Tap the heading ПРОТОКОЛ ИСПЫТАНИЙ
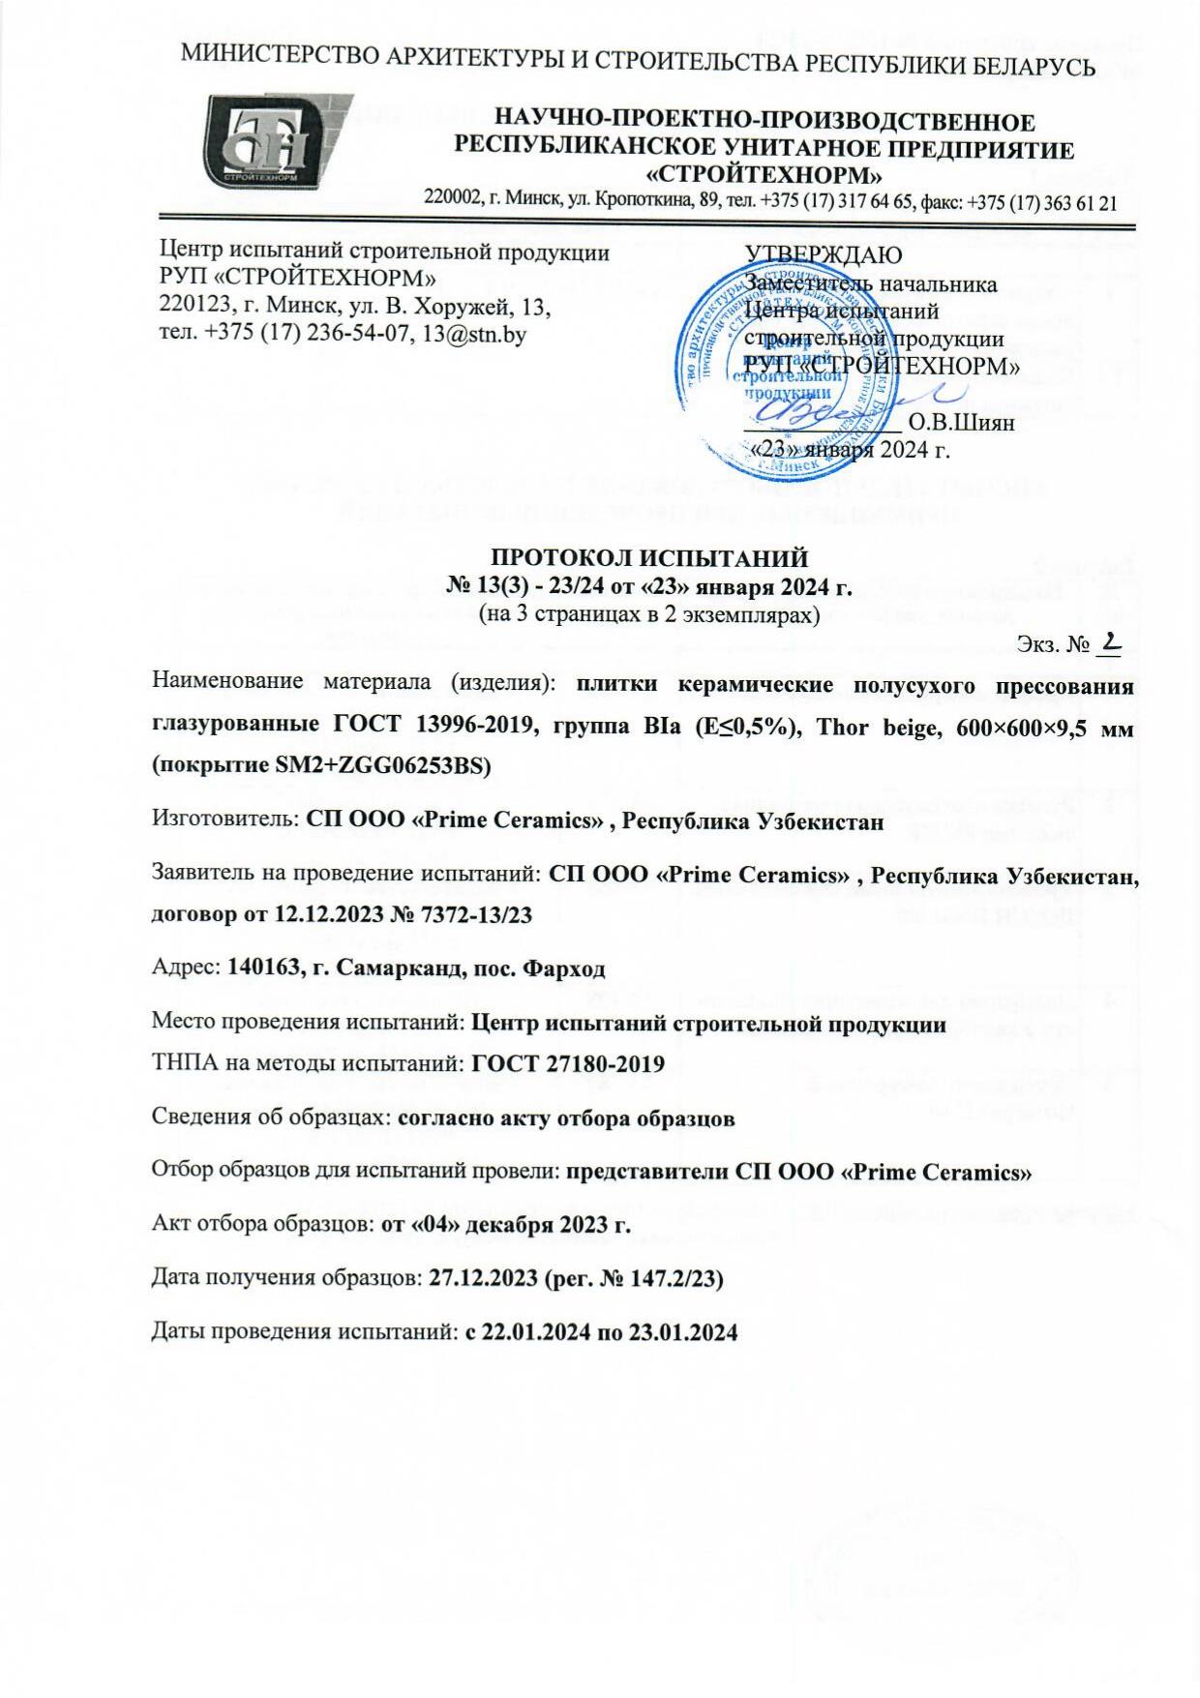tap(648, 558)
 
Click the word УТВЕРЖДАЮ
tap(823, 255)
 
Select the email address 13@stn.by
tap(467, 335)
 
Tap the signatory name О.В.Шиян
tap(962, 423)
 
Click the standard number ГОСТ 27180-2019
tap(567, 1064)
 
